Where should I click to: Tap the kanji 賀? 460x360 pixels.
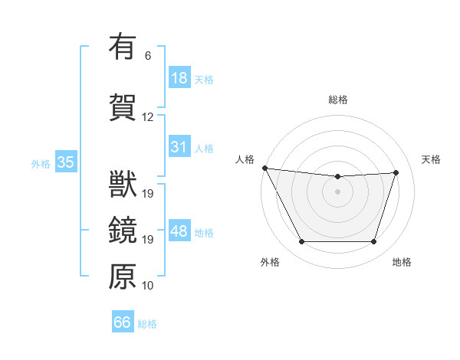123,107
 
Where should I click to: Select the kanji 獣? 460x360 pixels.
123,184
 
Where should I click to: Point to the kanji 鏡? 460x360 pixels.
123,230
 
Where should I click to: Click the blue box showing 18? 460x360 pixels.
179,78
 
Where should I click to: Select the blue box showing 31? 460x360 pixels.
179,147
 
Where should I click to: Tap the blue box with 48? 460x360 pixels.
179,231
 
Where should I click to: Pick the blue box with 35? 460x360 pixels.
65,162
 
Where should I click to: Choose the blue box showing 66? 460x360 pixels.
123,322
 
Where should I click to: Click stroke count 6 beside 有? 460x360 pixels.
147,56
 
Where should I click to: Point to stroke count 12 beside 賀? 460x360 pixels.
147,117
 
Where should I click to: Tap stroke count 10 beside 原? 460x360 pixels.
147,286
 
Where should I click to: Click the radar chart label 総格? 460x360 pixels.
337,100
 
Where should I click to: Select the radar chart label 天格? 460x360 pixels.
432,159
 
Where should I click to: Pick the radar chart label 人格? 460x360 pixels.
245,159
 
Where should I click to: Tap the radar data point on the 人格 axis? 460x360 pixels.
264,168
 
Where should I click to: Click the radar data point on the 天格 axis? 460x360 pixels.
396,172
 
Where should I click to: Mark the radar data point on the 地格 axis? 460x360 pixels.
374,242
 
